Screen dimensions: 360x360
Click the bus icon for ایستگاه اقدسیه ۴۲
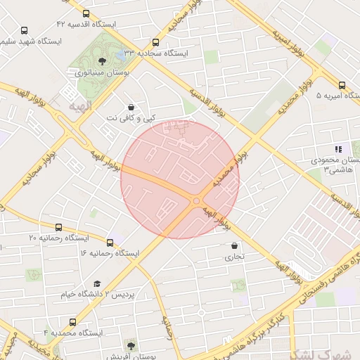tap(86, 13)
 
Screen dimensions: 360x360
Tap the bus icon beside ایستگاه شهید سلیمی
tap(25, 31)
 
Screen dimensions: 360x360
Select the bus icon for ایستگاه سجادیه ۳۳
tap(155, 42)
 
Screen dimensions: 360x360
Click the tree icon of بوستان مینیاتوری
tap(103, 62)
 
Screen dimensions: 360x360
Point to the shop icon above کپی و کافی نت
tap(131, 108)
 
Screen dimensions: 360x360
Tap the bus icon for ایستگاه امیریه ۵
tap(342, 85)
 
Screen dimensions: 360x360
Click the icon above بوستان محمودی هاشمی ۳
tap(338, 149)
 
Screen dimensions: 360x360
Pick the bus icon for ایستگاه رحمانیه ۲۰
tap(58, 227)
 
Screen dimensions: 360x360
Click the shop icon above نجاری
tap(234, 246)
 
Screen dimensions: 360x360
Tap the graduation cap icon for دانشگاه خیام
tap(97, 283)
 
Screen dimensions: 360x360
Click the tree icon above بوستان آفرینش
tap(131, 345)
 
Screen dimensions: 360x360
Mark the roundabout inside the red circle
tap(196, 202)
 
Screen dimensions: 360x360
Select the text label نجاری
tap(234, 257)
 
